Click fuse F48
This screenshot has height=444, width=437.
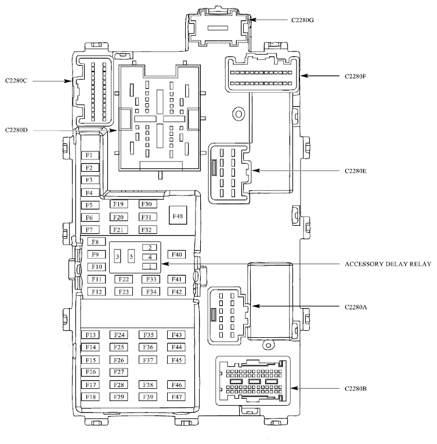pyautogui.click(x=178, y=215)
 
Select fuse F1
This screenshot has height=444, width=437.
pyautogui.click(x=91, y=155)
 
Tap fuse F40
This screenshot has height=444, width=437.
pyautogui.click(x=176, y=254)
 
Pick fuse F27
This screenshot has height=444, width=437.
pyautogui.click(x=118, y=372)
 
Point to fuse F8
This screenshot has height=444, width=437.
pyautogui.click(x=96, y=241)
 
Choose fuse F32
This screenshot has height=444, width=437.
pyautogui.click(x=147, y=230)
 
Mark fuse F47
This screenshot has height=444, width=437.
pyautogui.click(x=176, y=397)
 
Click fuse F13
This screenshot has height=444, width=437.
pyautogui.click(x=91, y=335)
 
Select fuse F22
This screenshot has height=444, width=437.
pyautogui.click(x=124, y=279)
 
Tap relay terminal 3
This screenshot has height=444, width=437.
pyautogui.click(x=117, y=257)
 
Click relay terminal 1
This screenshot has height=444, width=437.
pyautogui.click(x=150, y=266)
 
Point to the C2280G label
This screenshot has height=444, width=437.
pyautogui.click(x=302, y=20)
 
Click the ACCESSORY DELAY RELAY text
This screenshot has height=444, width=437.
pyautogui.click(x=388, y=264)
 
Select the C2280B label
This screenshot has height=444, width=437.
pyautogui.click(x=355, y=388)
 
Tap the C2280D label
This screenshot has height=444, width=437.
pyautogui.click(x=16, y=130)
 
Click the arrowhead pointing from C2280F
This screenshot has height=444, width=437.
pyautogui.click(x=304, y=76)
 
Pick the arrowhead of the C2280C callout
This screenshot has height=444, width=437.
pyautogui.click(x=68, y=81)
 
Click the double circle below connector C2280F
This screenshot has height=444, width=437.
pyautogui.click(x=239, y=114)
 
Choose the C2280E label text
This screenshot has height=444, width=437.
pyautogui.click(x=355, y=171)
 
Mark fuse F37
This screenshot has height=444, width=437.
pyautogui.click(x=148, y=360)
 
